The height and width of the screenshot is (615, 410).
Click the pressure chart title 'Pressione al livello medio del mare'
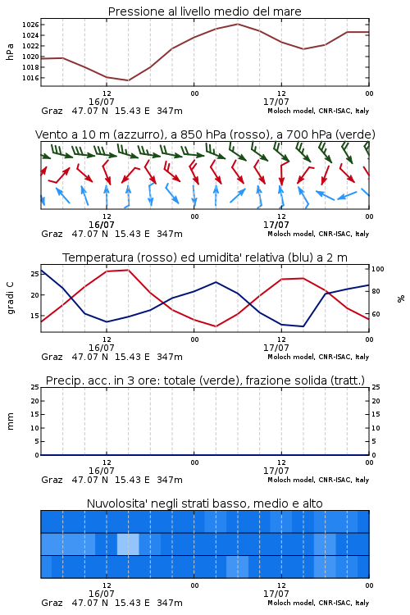click(x=204, y=11)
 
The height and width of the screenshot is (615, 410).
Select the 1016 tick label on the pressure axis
click(x=30, y=78)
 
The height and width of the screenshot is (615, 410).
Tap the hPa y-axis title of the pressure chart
click(x=10, y=52)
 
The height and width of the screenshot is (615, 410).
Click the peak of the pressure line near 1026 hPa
click(x=238, y=24)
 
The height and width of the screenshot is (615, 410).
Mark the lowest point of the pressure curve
click(x=128, y=80)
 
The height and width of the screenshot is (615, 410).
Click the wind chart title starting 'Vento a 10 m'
click(x=205, y=134)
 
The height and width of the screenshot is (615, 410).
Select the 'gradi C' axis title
click(x=10, y=298)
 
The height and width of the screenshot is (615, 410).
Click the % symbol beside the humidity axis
click(x=401, y=298)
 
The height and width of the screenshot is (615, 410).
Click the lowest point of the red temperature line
click(x=216, y=326)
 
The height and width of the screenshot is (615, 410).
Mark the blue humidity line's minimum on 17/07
click(x=303, y=326)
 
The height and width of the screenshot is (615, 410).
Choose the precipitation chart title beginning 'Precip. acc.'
click(x=205, y=380)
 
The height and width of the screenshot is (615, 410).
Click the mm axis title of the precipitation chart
click(x=10, y=421)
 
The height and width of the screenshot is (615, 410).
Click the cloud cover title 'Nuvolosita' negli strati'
click(x=205, y=503)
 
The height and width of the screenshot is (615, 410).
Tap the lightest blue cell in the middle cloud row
click(x=128, y=544)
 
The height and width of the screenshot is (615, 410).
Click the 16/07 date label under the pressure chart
click(x=101, y=102)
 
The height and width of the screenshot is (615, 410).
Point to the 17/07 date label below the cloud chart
click(x=276, y=594)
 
